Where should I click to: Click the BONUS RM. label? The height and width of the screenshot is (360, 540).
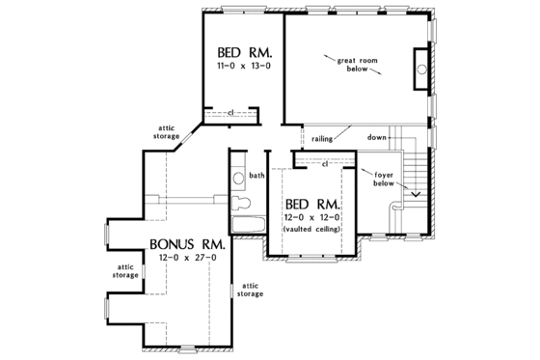(187, 244)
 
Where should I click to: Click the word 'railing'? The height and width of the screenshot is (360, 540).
(322, 138)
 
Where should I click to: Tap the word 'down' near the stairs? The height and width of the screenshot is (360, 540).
(377, 138)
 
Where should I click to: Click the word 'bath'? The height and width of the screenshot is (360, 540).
(256, 176)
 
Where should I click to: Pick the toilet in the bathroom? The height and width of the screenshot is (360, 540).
(243, 204)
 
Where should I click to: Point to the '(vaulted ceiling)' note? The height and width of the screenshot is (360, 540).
(311, 233)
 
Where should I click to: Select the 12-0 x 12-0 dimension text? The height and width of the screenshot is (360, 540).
(311, 220)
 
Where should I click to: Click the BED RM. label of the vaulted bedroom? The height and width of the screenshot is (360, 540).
(311, 206)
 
